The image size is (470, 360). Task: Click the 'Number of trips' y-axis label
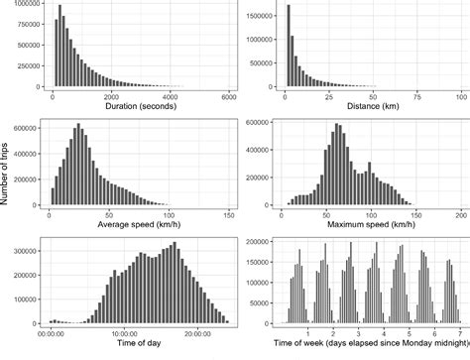point(7,179)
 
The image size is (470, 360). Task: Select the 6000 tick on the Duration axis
point(229,95)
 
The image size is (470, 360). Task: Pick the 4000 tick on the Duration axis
point(170,95)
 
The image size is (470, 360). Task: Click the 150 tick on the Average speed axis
point(229,213)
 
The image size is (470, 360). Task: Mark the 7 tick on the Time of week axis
point(458,331)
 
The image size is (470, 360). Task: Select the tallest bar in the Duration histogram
point(59,46)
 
